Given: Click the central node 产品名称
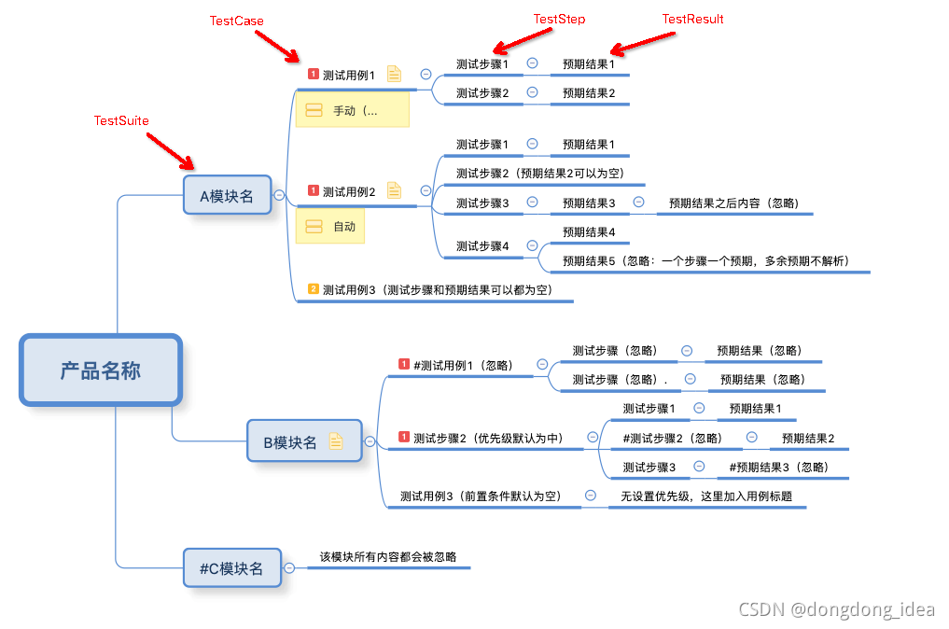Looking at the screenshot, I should click(101, 370).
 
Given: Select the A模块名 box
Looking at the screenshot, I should click(227, 196).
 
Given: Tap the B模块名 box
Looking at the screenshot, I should click(291, 441).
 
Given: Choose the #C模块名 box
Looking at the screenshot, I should click(232, 568).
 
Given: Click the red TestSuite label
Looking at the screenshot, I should click(121, 121).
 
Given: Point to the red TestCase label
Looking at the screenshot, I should click(236, 21).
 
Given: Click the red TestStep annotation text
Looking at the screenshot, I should click(559, 19).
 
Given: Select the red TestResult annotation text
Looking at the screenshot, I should click(692, 19).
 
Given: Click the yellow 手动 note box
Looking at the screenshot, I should click(353, 110).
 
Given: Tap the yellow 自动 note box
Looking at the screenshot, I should click(330, 227).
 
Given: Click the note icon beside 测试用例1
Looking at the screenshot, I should click(394, 74).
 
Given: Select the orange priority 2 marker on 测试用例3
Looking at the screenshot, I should click(314, 289).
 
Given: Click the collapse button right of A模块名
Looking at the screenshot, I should click(279, 195).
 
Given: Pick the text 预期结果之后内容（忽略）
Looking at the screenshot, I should click(733, 203).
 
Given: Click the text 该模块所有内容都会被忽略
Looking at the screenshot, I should click(388, 556).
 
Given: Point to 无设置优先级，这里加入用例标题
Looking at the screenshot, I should click(706, 496).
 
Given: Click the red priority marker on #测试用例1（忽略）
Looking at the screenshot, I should click(404, 365).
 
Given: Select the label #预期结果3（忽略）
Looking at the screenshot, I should click(778, 467).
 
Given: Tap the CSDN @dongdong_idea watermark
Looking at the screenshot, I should click(836, 609).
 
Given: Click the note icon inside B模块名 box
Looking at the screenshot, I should click(336, 441).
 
